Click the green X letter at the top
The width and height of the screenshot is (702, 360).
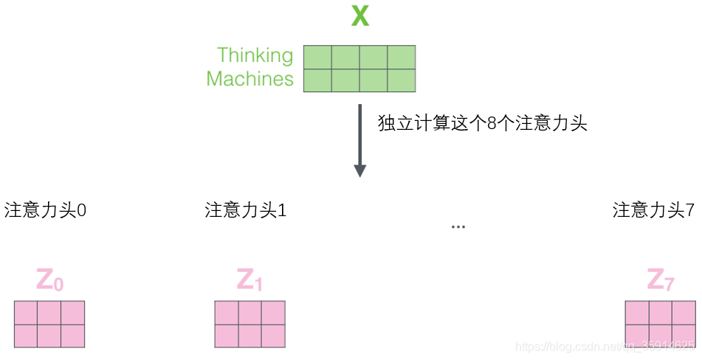359,16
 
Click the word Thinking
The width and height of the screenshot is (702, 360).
255,55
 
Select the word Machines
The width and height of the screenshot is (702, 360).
250,79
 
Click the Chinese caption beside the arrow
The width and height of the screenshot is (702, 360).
482,124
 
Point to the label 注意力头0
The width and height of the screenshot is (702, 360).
46,210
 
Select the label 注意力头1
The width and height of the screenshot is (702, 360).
246,210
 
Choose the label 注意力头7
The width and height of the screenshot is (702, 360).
653,210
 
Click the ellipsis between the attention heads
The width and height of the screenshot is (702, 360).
458,226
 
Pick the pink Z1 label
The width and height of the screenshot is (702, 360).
250,280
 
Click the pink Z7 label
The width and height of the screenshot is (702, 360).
660,280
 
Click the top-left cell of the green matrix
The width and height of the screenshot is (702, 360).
317,57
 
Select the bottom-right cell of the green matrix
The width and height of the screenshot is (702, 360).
401,80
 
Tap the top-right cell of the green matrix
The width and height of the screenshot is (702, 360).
401,57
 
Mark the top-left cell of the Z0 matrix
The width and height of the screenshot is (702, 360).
26,313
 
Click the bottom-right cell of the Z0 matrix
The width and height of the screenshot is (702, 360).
72,336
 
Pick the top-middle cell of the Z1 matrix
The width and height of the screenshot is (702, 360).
250,313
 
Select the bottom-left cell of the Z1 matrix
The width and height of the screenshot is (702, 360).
227,336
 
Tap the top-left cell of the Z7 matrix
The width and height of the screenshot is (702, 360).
637,313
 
